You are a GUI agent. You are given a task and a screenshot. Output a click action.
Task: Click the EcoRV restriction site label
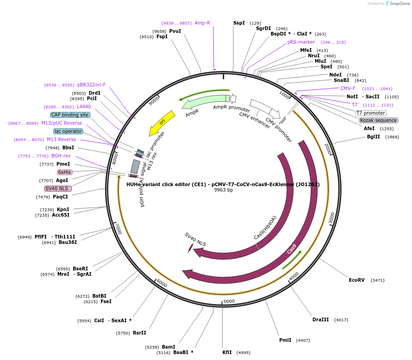pos(357,280)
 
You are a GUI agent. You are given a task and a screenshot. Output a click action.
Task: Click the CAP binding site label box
pos(70,115)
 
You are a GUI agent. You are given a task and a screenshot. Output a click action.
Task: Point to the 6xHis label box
pos(64,172)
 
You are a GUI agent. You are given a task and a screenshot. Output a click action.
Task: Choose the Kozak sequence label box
pos(378,121)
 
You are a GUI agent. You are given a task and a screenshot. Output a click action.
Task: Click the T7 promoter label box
pos(371,113)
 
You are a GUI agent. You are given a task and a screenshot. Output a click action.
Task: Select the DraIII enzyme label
pos(321,320)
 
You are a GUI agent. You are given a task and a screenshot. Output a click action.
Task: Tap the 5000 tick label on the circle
pos(229,301)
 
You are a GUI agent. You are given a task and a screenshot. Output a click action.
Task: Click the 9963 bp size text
pos(223,190)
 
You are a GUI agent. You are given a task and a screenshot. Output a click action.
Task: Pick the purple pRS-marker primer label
pos(301,42)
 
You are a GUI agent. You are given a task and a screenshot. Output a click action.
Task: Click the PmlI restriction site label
pos(285,340)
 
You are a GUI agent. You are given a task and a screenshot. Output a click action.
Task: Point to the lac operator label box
pos(68,132)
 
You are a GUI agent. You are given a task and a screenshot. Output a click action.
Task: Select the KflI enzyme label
pos(227,352)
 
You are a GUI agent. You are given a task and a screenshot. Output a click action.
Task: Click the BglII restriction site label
pos(373,137)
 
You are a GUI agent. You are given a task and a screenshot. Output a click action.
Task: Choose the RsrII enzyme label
pos(140,333)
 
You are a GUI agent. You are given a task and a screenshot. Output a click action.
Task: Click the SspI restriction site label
pos(239,23)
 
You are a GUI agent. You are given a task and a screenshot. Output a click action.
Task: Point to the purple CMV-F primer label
pos(348,88)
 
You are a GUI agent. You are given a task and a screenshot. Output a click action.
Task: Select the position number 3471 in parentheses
pos(377,280)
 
